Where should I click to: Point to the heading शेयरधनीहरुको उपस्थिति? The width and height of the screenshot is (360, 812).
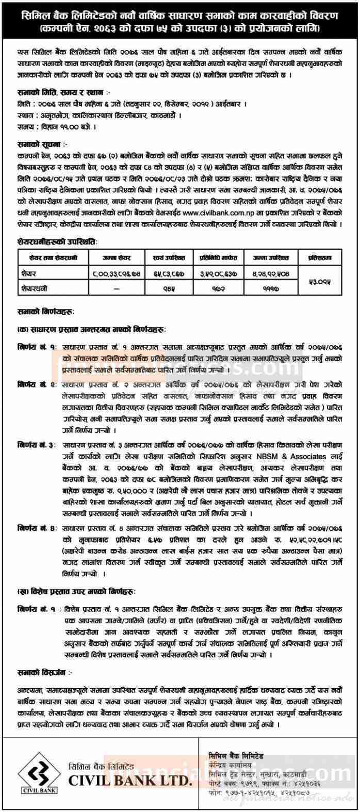[55, 241]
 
